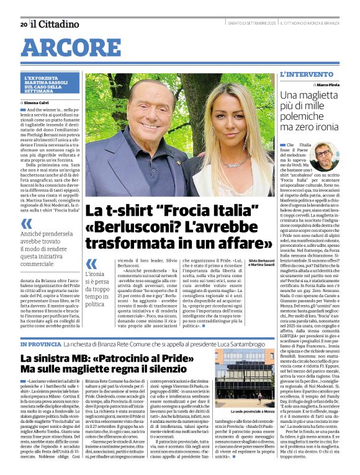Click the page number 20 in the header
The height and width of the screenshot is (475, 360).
click(x=24, y=24)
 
